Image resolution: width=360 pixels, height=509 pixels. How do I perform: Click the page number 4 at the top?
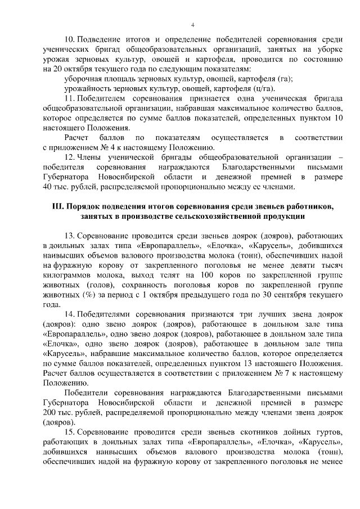193,25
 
